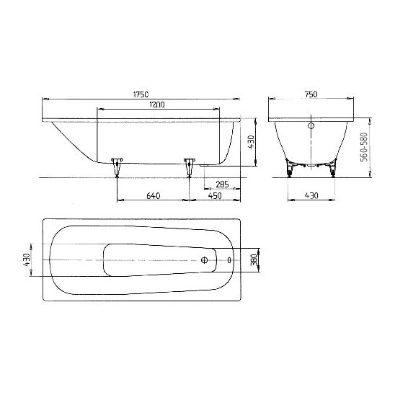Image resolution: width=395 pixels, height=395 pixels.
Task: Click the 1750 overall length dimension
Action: pyautogui.click(x=141, y=94)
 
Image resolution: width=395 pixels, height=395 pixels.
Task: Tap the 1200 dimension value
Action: pyautogui.click(x=157, y=105)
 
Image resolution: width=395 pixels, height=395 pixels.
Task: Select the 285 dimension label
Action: pyautogui.click(x=222, y=185)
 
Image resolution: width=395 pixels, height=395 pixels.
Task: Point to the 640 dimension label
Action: pyautogui.click(x=153, y=196)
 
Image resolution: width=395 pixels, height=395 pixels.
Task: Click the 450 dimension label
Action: pyautogui.click(x=215, y=196)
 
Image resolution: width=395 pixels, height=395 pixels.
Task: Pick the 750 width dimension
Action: pyautogui.click(x=311, y=94)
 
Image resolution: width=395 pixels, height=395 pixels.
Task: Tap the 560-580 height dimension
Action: pyautogui.click(x=364, y=147)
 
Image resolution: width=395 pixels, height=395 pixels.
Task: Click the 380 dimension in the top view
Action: pyautogui.click(x=254, y=260)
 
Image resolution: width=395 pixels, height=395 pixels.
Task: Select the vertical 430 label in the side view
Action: pyautogui.click(x=251, y=142)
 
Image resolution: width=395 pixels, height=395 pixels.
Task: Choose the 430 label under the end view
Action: pyautogui.click(x=311, y=195)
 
